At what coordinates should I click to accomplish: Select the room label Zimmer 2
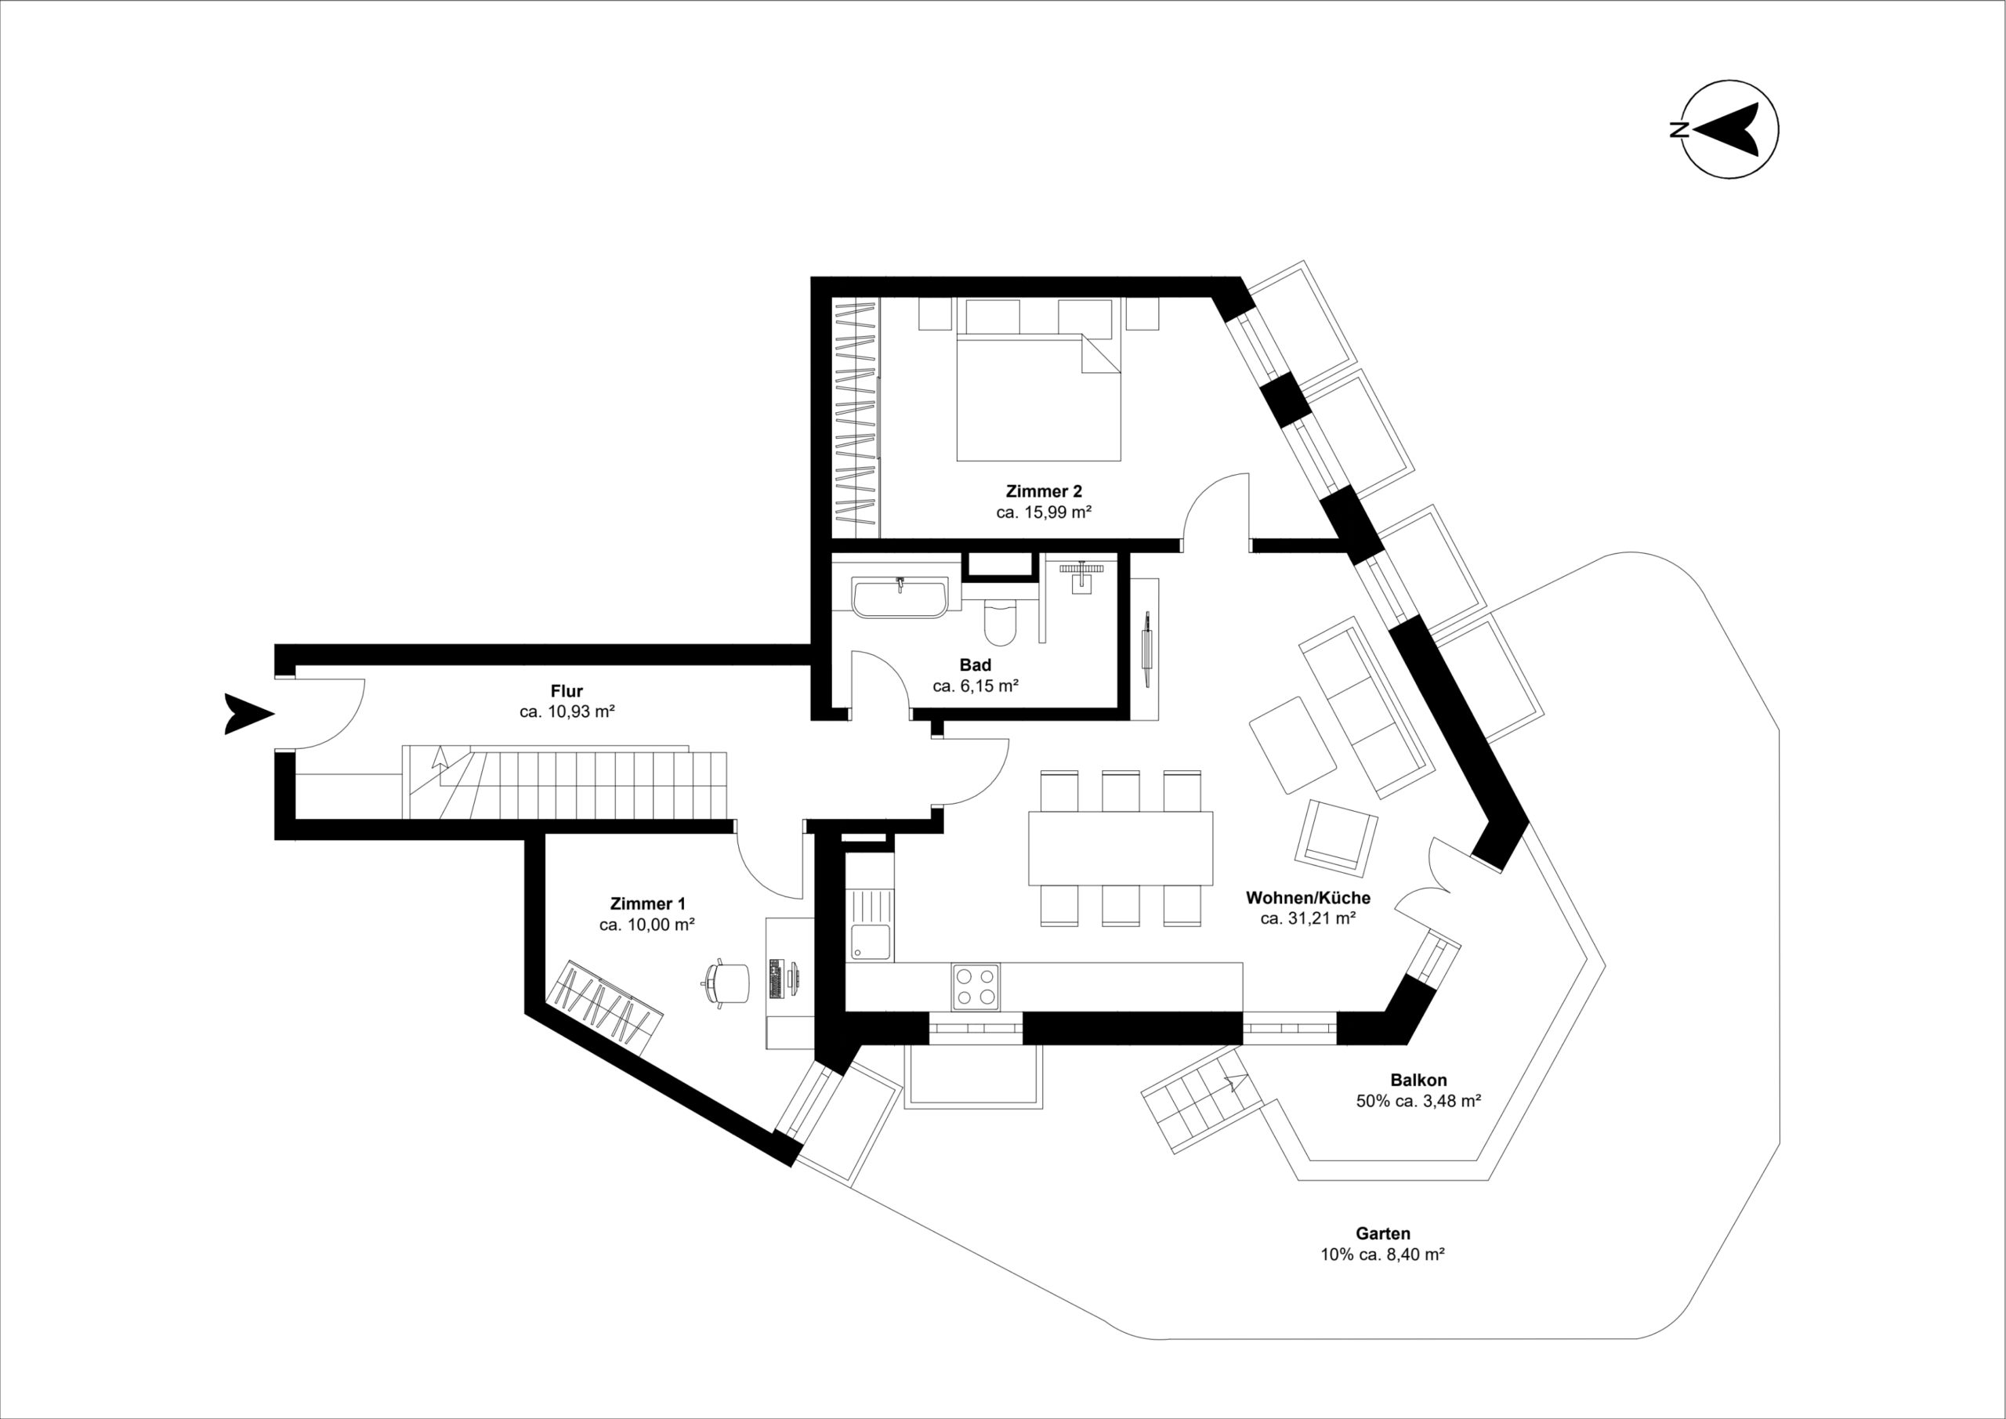click(x=1043, y=491)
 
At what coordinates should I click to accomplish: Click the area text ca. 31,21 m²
click(x=1307, y=918)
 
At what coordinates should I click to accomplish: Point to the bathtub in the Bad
click(x=899, y=598)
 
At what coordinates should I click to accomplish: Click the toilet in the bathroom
click(x=1000, y=621)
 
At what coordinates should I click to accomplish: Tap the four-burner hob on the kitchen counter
click(x=976, y=986)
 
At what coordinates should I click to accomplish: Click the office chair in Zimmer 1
click(x=730, y=985)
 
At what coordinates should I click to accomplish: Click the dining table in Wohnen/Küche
click(x=1120, y=848)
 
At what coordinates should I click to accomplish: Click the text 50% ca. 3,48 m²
click(x=1418, y=1101)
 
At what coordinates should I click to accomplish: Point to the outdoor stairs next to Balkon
click(x=1201, y=1110)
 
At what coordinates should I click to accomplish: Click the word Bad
click(x=975, y=665)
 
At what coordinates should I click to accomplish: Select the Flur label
click(x=567, y=691)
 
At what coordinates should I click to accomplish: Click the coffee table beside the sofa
click(x=1292, y=744)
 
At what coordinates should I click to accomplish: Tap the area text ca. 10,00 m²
click(x=646, y=925)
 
